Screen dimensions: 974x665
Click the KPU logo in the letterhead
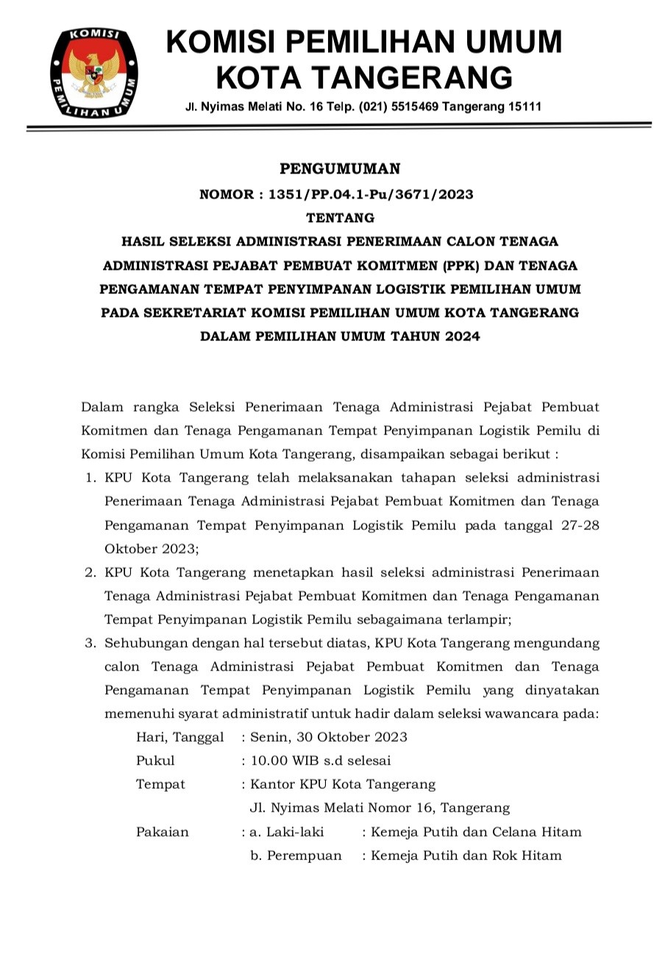[94, 72]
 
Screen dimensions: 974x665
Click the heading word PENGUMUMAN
[340, 169]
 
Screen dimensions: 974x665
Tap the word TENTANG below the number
[340, 218]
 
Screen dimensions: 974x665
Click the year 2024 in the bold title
[460, 336]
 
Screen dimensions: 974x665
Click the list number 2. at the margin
[91, 572]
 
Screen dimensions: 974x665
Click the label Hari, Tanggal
[179, 737]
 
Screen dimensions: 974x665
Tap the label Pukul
[155, 761]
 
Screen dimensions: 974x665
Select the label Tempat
[160, 784]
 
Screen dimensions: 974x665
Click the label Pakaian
[163, 832]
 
